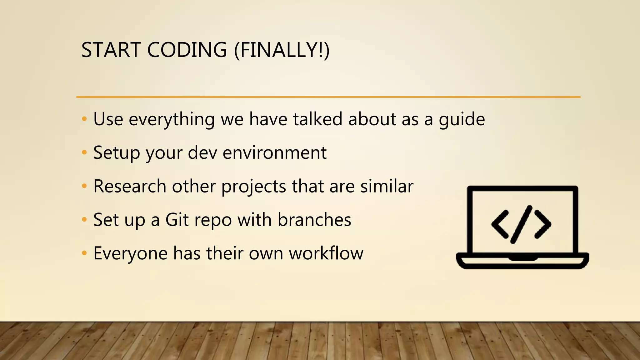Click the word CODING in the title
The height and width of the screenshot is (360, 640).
tap(187, 50)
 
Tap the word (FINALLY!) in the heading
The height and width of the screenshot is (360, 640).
tap(282, 50)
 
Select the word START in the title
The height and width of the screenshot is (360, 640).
tap(111, 50)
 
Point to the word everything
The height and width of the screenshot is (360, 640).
tap(172, 120)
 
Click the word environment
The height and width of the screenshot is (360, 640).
tap(274, 153)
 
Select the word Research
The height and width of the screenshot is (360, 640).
tap(130, 186)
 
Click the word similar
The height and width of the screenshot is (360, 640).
tap(387, 186)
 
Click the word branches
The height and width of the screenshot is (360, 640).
tap(314, 220)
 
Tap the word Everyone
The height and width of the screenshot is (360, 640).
tap(130, 253)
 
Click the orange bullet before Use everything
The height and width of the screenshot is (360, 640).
tap(84, 119)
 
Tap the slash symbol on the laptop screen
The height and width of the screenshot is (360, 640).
tap(521, 224)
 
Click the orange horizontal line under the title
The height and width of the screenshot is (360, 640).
tap(328, 97)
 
